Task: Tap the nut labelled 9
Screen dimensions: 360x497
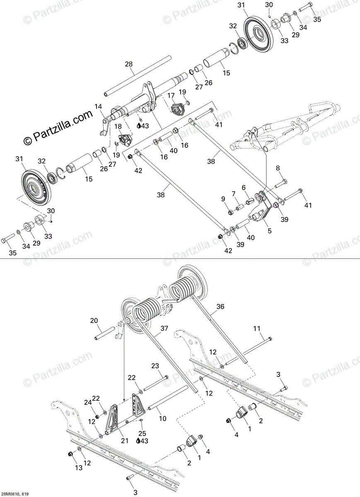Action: point(230,212)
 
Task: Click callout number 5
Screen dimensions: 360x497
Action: point(270,231)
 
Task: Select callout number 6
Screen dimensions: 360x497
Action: point(244,187)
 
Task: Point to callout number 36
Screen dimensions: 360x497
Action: point(220,307)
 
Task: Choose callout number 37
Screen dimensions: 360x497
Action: point(164,329)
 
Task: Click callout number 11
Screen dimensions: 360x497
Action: point(257,329)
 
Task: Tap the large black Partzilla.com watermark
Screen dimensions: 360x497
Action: point(58,128)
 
